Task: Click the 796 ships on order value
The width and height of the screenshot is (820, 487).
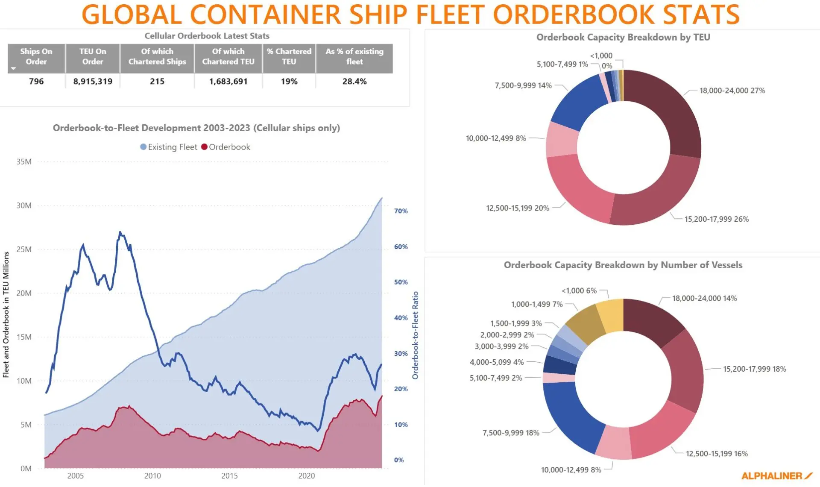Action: (36, 81)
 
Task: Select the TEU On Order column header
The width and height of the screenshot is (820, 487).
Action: (93, 56)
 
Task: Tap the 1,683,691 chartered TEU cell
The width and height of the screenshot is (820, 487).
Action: (228, 81)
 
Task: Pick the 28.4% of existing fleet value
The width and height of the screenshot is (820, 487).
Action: (354, 81)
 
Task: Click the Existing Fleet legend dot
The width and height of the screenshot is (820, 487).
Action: (143, 147)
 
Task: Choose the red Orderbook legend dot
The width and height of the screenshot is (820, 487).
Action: (204, 147)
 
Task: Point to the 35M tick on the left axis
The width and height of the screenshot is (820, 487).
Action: (24, 162)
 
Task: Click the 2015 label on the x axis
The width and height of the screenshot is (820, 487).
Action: (229, 476)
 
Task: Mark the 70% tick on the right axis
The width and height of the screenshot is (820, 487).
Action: (401, 211)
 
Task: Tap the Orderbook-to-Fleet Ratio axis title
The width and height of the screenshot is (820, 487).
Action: (415, 335)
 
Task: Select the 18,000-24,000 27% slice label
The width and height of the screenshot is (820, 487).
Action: (732, 91)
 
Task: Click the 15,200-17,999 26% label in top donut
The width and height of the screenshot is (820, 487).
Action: (716, 219)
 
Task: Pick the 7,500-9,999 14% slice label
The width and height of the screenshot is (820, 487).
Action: (523, 85)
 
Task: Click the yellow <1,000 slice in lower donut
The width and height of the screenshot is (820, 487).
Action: (610, 315)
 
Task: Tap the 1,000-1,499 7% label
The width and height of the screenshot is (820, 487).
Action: (537, 304)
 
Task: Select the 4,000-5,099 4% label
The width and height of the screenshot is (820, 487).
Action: (497, 362)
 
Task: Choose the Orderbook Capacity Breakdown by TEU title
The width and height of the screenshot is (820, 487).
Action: (623, 37)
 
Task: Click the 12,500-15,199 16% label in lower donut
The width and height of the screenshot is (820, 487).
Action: (717, 454)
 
